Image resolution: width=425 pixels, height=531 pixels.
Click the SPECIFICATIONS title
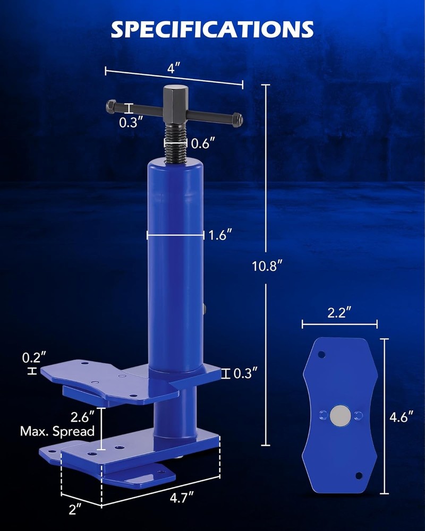click(x=212, y=29)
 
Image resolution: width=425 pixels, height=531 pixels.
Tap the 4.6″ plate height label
click(x=401, y=417)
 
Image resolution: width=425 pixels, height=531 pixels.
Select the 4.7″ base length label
click(x=178, y=498)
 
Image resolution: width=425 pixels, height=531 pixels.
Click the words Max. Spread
click(x=58, y=431)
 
